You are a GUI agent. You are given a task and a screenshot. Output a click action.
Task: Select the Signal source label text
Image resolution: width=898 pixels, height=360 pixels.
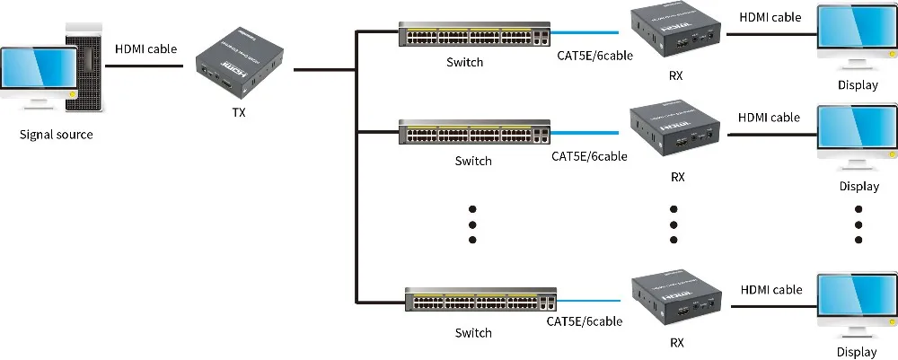(56, 135)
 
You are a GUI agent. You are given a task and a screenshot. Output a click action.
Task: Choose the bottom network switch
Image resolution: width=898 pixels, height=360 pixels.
(480, 302)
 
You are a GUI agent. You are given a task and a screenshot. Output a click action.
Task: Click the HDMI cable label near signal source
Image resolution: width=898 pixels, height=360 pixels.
(145, 48)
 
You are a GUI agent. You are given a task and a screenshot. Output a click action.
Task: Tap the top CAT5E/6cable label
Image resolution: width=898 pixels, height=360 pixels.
(592, 56)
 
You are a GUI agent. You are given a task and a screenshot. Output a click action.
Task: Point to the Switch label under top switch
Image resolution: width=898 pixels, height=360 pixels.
(464, 63)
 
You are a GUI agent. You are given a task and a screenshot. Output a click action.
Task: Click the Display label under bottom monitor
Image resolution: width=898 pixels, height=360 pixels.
(857, 352)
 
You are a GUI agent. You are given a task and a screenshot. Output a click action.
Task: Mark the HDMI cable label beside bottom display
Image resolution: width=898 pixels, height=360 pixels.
(771, 290)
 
